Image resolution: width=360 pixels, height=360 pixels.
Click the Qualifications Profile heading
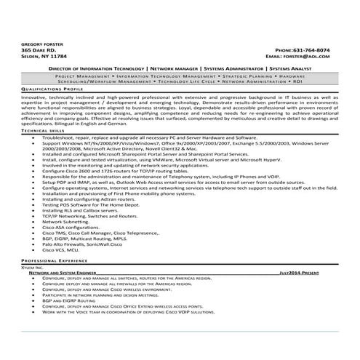coord(52,89)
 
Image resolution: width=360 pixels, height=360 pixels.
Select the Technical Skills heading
coord(42,130)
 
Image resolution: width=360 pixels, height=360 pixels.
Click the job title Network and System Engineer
coord(67,272)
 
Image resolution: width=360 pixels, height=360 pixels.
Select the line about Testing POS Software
coord(102,205)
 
